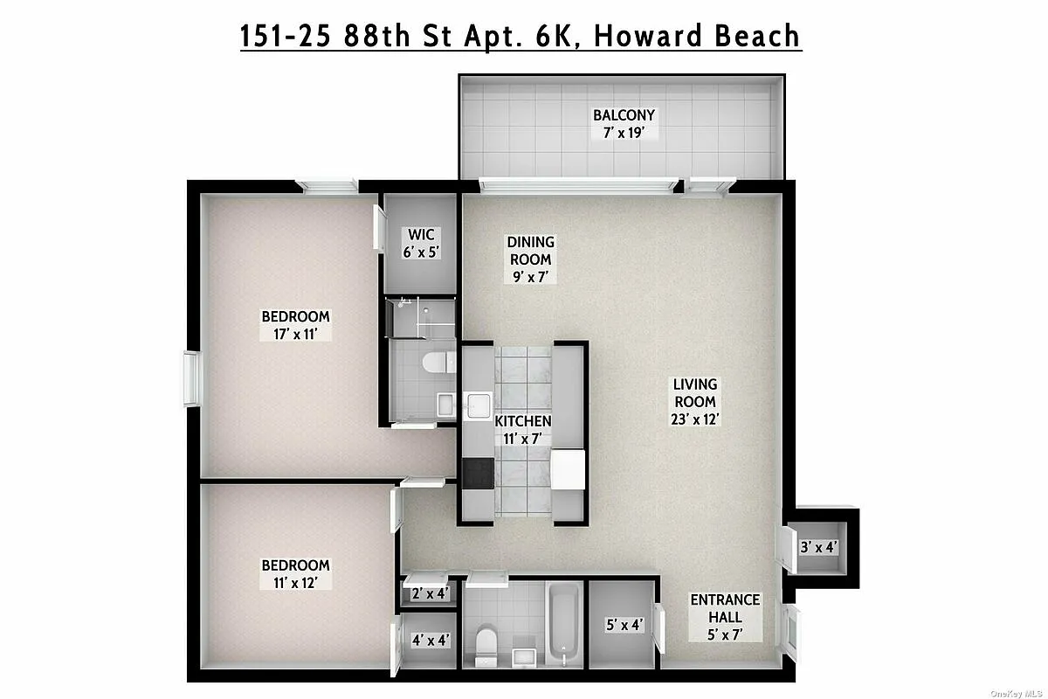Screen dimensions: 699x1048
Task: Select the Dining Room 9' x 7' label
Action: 531,260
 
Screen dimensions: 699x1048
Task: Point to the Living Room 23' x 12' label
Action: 695,401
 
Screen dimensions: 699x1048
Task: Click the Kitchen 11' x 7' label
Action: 523,430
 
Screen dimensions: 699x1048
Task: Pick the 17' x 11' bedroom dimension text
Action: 296,333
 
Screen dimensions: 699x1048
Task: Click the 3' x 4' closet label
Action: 818,549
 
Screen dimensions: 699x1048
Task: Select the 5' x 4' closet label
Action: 624,626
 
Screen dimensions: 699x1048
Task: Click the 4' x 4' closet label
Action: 430,640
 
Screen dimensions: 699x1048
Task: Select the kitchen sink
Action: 478,406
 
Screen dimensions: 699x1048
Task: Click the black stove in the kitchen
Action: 478,473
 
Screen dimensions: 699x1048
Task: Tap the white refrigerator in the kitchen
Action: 567,469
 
